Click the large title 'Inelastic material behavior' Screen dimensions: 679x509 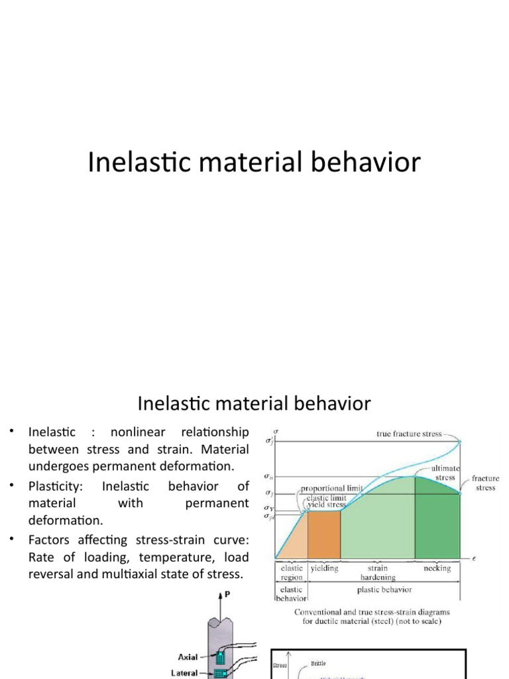[x=254, y=162]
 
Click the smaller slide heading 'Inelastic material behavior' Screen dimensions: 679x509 [x=254, y=402]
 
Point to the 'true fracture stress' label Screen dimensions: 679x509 [x=409, y=434]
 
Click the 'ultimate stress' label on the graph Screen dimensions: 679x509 [x=444, y=473]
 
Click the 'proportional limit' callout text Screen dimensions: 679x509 [x=331, y=489]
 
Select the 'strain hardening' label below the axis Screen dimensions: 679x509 [x=378, y=573]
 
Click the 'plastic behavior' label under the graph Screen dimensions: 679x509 [x=384, y=589]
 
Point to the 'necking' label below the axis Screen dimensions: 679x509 [x=437, y=568]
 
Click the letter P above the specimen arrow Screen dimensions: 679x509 [x=228, y=595]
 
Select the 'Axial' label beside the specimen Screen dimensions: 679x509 [x=188, y=656]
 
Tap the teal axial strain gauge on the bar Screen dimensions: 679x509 [x=221, y=658]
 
